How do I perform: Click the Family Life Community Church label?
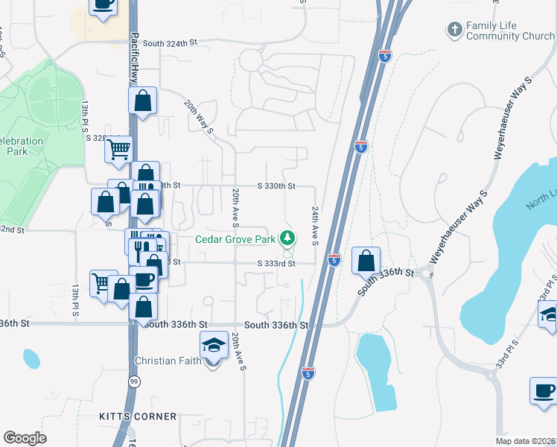tap(510, 31)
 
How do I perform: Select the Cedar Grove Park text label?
tap(235, 239)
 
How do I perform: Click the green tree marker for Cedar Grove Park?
tap(287, 238)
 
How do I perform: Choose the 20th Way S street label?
tap(200, 117)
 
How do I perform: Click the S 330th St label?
tap(276, 186)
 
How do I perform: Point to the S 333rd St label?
tap(276, 263)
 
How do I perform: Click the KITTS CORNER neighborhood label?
tap(138, 416)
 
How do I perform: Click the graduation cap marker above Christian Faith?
tap(214, 345)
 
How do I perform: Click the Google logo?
tap(25, 438)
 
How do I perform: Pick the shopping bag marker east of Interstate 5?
tap(366, 261)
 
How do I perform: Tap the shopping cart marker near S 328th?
tap(118, 150)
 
